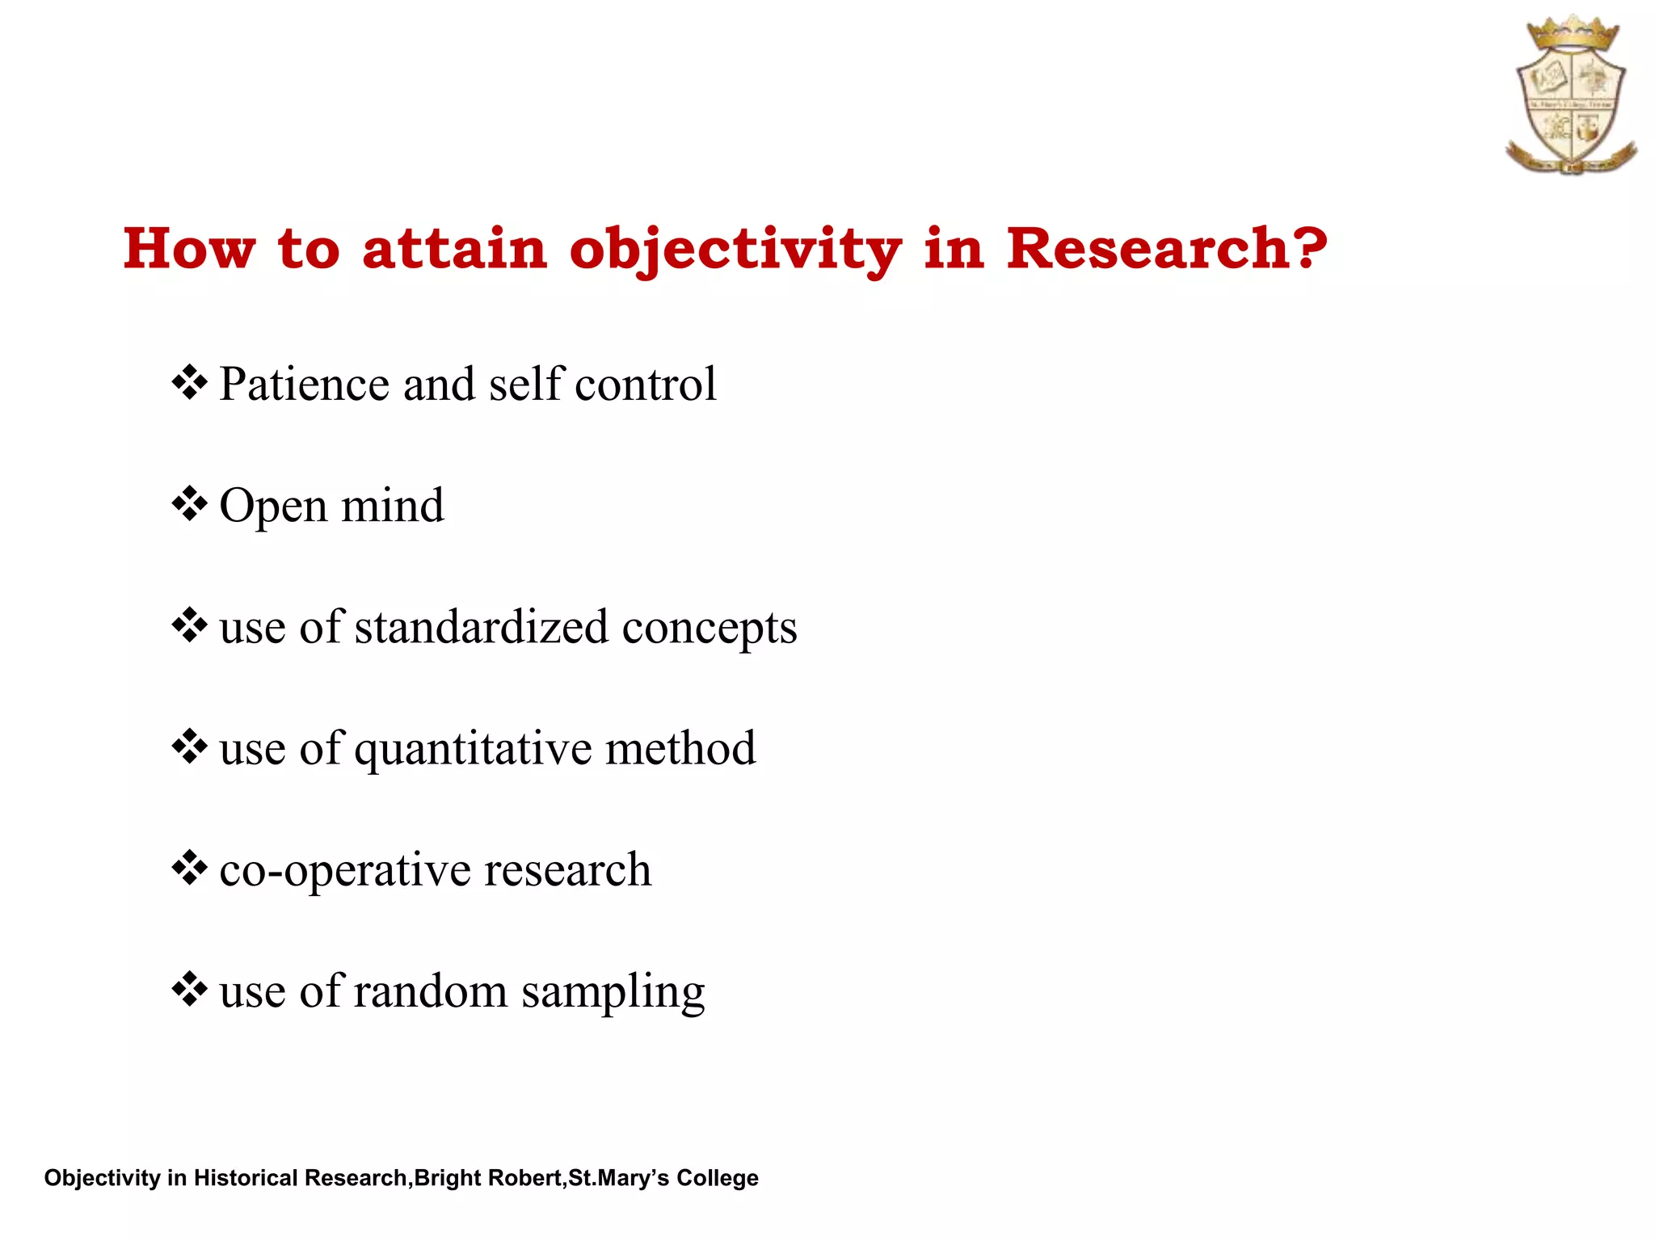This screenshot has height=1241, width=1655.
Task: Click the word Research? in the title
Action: pyautogui.click(x=1166, y=248)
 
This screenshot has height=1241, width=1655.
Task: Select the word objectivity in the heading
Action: pyautogui.click(x=735, y=250)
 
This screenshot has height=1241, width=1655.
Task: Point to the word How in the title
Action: pyautogui.click(x=189, y=248)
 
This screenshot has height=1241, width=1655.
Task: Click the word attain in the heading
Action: pyautogui.click(x=455, y=248)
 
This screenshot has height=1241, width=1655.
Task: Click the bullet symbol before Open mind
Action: pyautogui.click(x=190, y=504)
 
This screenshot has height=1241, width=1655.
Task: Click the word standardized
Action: pyautogui.click(x=481, y=627)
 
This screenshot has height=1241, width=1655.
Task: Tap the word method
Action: pyautogui.click(x=680, y=748)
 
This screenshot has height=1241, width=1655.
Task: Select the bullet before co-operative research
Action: pyautogui.click(x=190, y=868)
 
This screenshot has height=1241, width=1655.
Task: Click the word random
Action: pyautogui.click(x=430, y=991)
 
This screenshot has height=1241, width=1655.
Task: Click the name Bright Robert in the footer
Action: pyautogui.click(x=489, y=1178)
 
